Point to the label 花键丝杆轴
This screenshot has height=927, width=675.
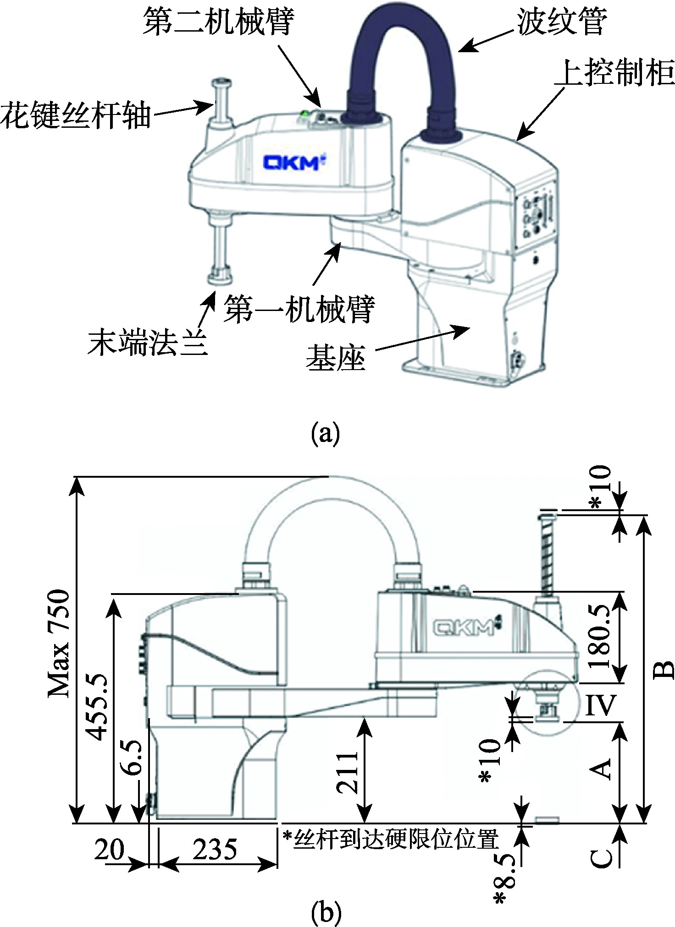click(x=76, y=115)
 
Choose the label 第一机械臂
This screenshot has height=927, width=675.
click(x=299, y=309)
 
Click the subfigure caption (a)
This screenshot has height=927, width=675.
click(x=325, y=434)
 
